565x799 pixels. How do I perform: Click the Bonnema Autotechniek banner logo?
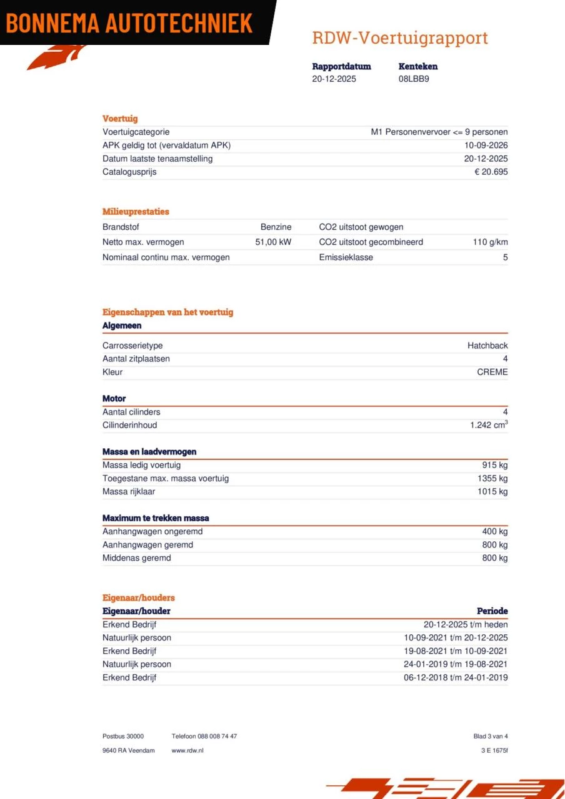tap(130, 23)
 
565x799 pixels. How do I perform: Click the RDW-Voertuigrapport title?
tap(399, 38)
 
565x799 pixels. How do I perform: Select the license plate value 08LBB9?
tap(414, 79)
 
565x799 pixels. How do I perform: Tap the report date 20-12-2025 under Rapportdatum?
tap(334, 79)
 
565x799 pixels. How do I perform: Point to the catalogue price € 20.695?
tap(491, 172)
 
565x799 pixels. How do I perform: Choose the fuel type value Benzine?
tap(276, 227)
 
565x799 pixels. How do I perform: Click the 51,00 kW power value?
tap(273, 242)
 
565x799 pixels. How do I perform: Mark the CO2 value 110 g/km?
tap(490, 242)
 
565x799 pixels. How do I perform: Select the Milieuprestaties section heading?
tap(136, 212)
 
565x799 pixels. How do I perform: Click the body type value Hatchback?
tap(487, 346)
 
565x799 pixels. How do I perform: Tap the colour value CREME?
tap(492, 372)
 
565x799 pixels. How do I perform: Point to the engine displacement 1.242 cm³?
tap(489, 425)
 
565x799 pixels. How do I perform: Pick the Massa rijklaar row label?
tap(129, 491)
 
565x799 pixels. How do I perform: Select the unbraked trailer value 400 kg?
tap(494, 531)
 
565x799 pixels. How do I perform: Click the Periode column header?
tap(492, 611)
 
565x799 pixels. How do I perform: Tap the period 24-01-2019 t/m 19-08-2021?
tap(456, 664)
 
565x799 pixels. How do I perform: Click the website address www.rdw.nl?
tap(187, 750)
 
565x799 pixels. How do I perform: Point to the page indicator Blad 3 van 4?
tap(491, 737)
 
